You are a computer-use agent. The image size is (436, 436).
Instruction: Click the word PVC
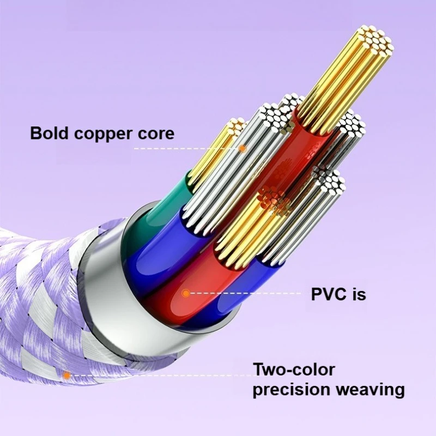[x=329, y=294]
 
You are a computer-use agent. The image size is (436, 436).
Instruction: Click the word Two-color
[x=294, y=370]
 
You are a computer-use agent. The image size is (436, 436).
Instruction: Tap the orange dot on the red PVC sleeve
[x=186, y=293]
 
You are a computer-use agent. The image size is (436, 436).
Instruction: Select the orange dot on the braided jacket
[x=66, y=375]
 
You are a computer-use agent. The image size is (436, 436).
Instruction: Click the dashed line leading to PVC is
[x=245, y=293]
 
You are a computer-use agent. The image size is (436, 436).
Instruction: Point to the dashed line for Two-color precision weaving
[x=158, y=375]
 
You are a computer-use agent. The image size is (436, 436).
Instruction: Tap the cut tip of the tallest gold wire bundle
[x=373, y=41]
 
